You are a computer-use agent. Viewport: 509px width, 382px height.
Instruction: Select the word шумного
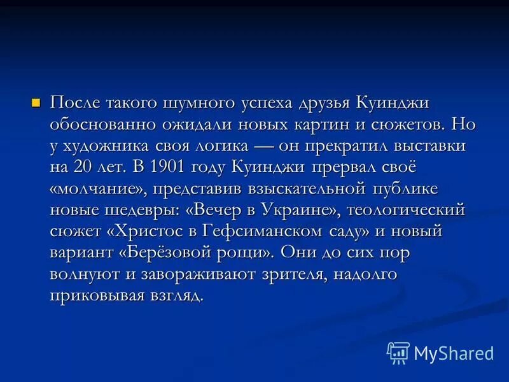click(x=198, y=103)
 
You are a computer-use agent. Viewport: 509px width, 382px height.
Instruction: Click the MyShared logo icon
click(x=398, y=352)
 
